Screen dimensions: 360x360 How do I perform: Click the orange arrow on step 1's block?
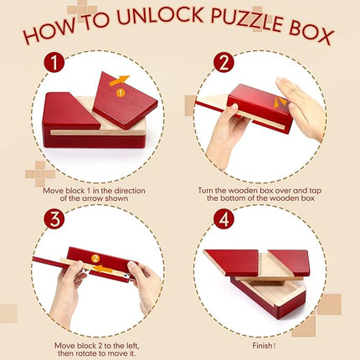[x=122, y=81]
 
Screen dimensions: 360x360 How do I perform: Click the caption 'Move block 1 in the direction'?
[x=95, y=191]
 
